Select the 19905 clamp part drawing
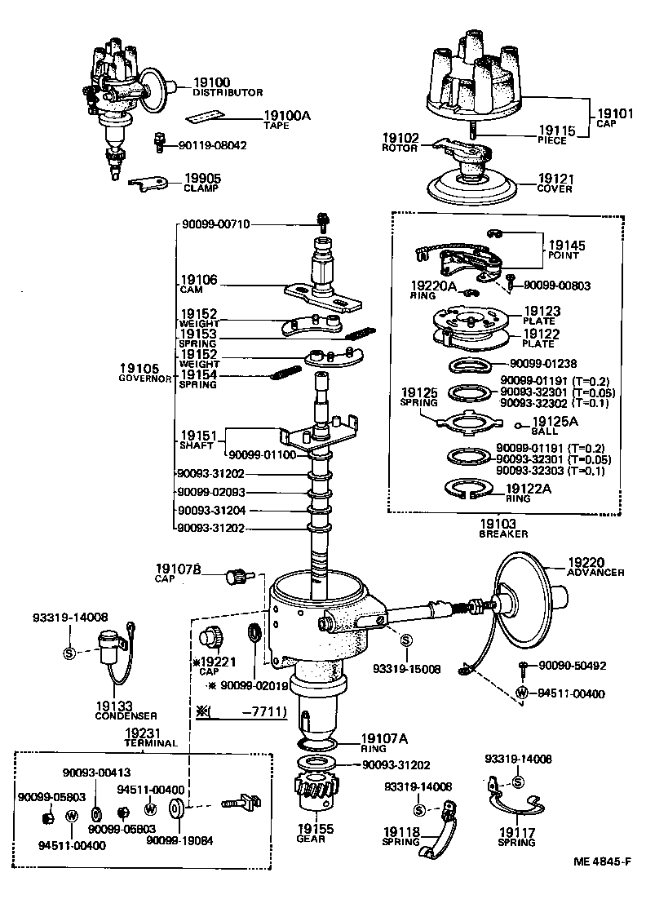point(148,185)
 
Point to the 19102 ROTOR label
point(400,143)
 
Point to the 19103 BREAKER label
point(503,529)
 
